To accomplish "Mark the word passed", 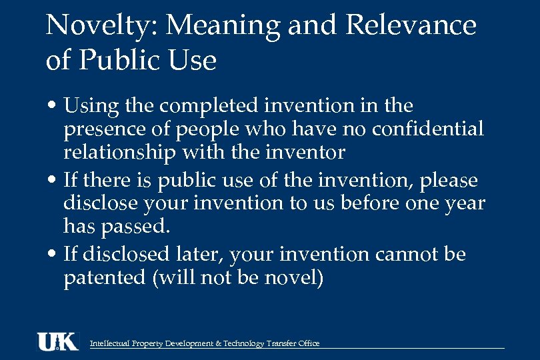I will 137,227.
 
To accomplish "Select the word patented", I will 104,277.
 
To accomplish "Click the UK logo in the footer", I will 57,341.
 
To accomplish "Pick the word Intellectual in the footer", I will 110,344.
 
